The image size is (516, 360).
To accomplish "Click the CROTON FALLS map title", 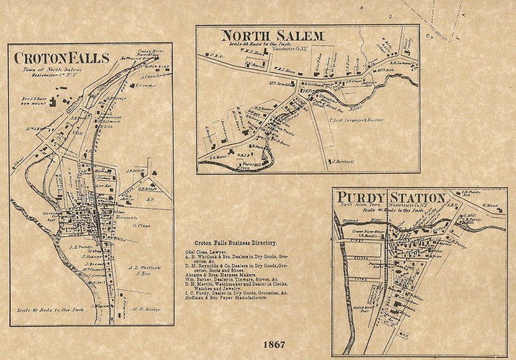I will pos(62,58).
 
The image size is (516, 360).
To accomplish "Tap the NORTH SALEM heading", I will pos(273,36).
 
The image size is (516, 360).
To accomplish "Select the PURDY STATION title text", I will pos(391,198).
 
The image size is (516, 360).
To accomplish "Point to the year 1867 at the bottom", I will pos(274,343).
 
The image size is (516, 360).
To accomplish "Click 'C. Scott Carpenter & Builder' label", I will pos(355,120).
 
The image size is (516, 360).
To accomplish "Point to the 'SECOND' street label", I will pos(360,258).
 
